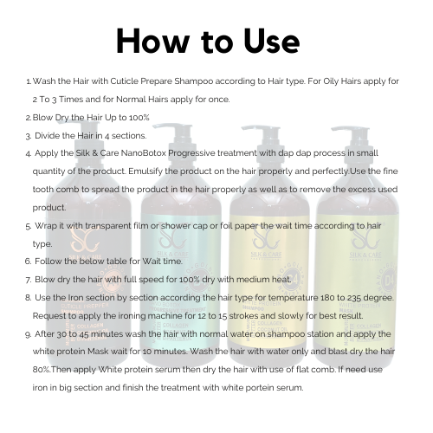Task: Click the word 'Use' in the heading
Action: click(x=271, y=41)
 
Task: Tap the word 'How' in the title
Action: click(x=152, y=41)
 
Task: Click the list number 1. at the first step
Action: click(x=29, y=81)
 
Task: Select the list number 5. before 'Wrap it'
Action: click(x=29, y=226)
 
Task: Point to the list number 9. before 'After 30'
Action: click(x=29, y=334)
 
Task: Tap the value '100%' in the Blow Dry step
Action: click(x=139, y=118)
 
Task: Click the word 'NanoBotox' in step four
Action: click(x=144, y=153)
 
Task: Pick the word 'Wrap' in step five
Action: click(x=46, y=226)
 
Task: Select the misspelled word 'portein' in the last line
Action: click(x=259, y=388)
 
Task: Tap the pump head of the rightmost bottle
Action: click(x=350, y=131)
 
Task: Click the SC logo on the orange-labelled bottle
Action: click(x=84, y=240)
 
